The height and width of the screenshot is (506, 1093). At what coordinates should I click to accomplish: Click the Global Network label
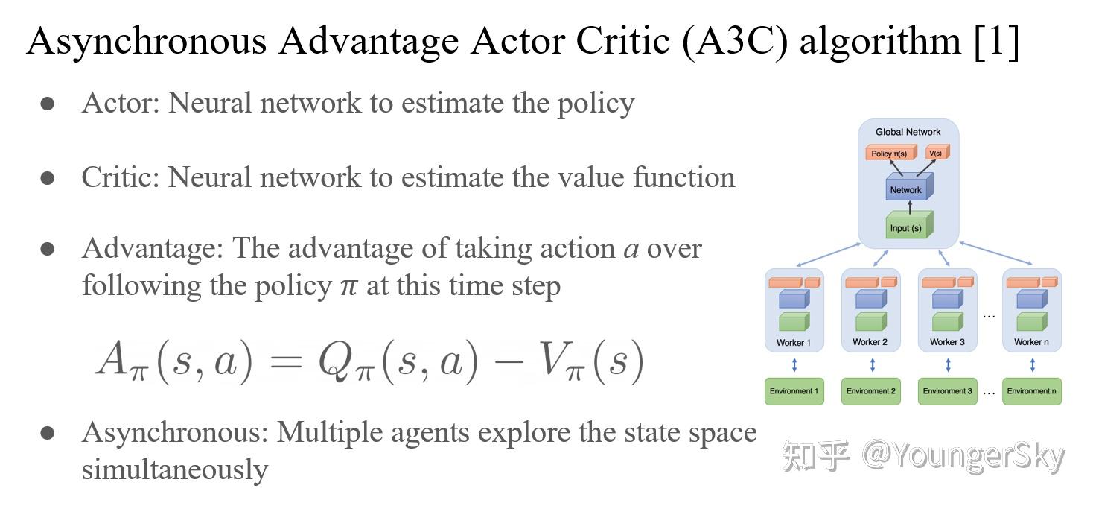click(x=908, y=132)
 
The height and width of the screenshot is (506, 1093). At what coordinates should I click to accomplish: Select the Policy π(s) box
click(x=890, y=154)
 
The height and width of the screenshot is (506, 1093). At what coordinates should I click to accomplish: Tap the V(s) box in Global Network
click(x=935, y=154)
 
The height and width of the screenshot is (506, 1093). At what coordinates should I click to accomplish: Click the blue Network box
click(x=905, y=190)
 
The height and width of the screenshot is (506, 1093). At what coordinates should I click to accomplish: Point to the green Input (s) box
click(x=906, y=228)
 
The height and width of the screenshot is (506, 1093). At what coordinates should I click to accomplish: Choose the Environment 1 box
click(x=794, y=391)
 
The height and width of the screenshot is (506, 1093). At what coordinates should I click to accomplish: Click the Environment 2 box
click(x=870, y=391)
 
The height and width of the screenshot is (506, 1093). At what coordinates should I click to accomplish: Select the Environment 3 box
click(x=947, y=391)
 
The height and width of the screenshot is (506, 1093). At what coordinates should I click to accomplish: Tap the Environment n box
click(x=1031, y=391)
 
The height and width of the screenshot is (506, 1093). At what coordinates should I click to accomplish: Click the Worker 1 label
click(x=794, y=343)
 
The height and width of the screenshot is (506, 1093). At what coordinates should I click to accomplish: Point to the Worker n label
click(x=1031, y=342)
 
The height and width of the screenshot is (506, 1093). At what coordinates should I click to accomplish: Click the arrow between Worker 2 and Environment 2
click(x=872, y=366)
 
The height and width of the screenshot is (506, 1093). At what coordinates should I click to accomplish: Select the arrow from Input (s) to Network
click(x=908, y=209)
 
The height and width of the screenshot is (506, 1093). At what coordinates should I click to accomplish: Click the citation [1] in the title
click(x=996, y=41)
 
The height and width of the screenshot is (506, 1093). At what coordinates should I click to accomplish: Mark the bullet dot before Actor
click(x=48, y=104)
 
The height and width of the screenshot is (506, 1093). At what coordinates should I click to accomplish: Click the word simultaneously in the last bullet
click(x=174, y=470)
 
